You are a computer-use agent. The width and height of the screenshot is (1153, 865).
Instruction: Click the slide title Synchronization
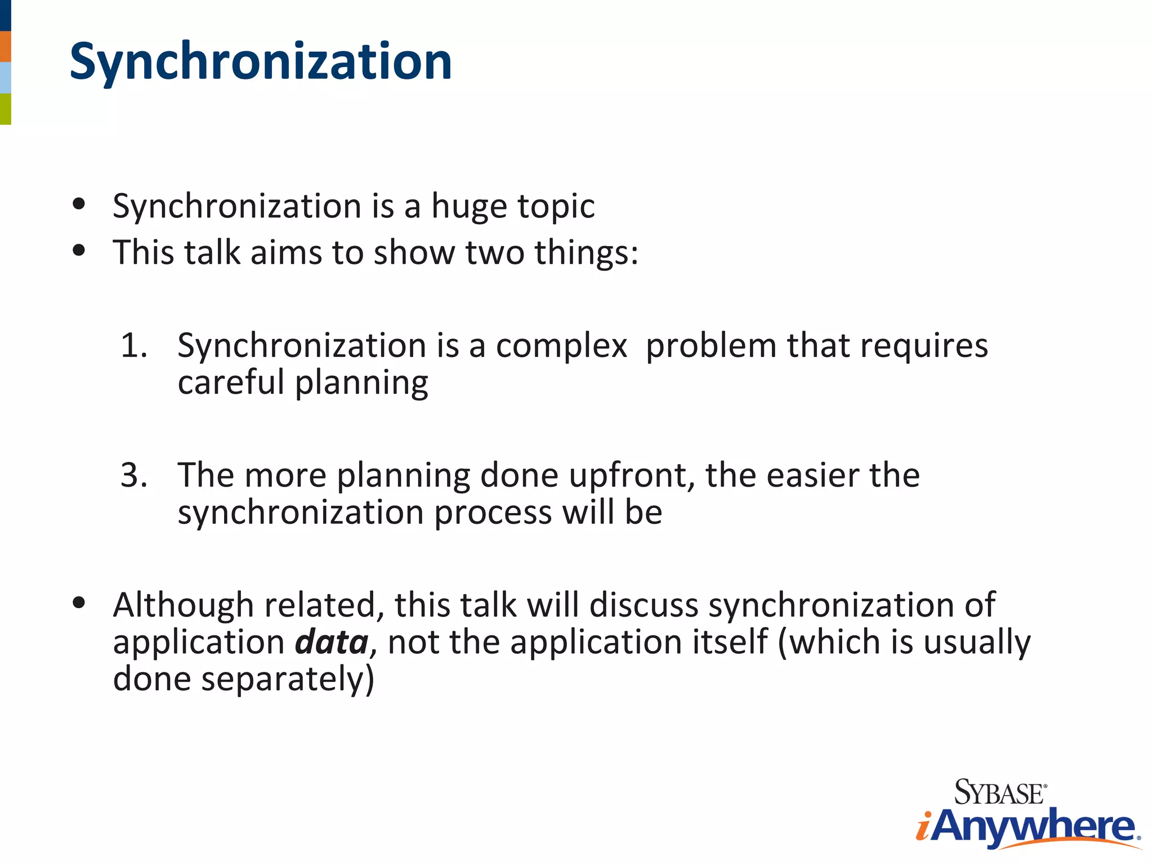261,62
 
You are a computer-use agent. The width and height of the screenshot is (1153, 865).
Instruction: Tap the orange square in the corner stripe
5,46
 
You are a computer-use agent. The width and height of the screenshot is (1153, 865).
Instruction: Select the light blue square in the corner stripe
5,78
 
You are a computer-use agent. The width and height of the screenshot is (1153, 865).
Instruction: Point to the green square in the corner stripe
5,109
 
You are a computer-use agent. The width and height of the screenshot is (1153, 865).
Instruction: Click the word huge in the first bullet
469,207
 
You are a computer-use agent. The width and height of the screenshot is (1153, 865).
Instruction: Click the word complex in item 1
561,346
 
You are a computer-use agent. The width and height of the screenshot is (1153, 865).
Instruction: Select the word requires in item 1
923,346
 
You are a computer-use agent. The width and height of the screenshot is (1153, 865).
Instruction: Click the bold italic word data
332,643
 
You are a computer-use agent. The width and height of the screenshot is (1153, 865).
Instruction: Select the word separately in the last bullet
287,680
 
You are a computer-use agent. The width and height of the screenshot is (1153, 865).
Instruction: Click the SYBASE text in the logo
999,793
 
